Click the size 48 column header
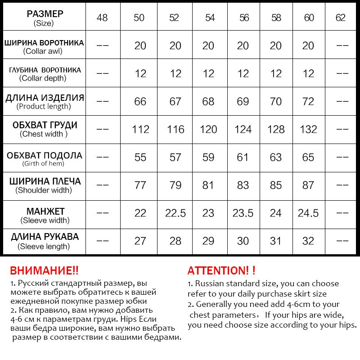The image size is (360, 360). point(103,18)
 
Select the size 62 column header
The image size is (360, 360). point(340,18)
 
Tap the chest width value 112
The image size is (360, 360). point(140,129)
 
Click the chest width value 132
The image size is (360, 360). point(308,129)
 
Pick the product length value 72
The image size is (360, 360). point(308,101)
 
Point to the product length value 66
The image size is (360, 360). point(140,101)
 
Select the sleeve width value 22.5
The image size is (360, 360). point(175,213)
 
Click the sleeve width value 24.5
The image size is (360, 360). point(308,213)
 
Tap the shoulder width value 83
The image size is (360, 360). point(243,185)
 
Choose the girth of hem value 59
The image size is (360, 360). point(208,157)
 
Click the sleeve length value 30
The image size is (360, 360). point(243,241)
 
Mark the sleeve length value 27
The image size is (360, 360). point(140,241)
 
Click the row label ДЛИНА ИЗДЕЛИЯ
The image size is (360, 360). point(44,98)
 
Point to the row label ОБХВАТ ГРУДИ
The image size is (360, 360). point(45,125)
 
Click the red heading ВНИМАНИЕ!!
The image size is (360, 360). point(44,270)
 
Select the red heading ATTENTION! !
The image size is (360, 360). point(221,270)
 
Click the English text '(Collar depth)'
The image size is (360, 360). point(43,78)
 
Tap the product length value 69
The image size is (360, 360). point(243,101)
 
